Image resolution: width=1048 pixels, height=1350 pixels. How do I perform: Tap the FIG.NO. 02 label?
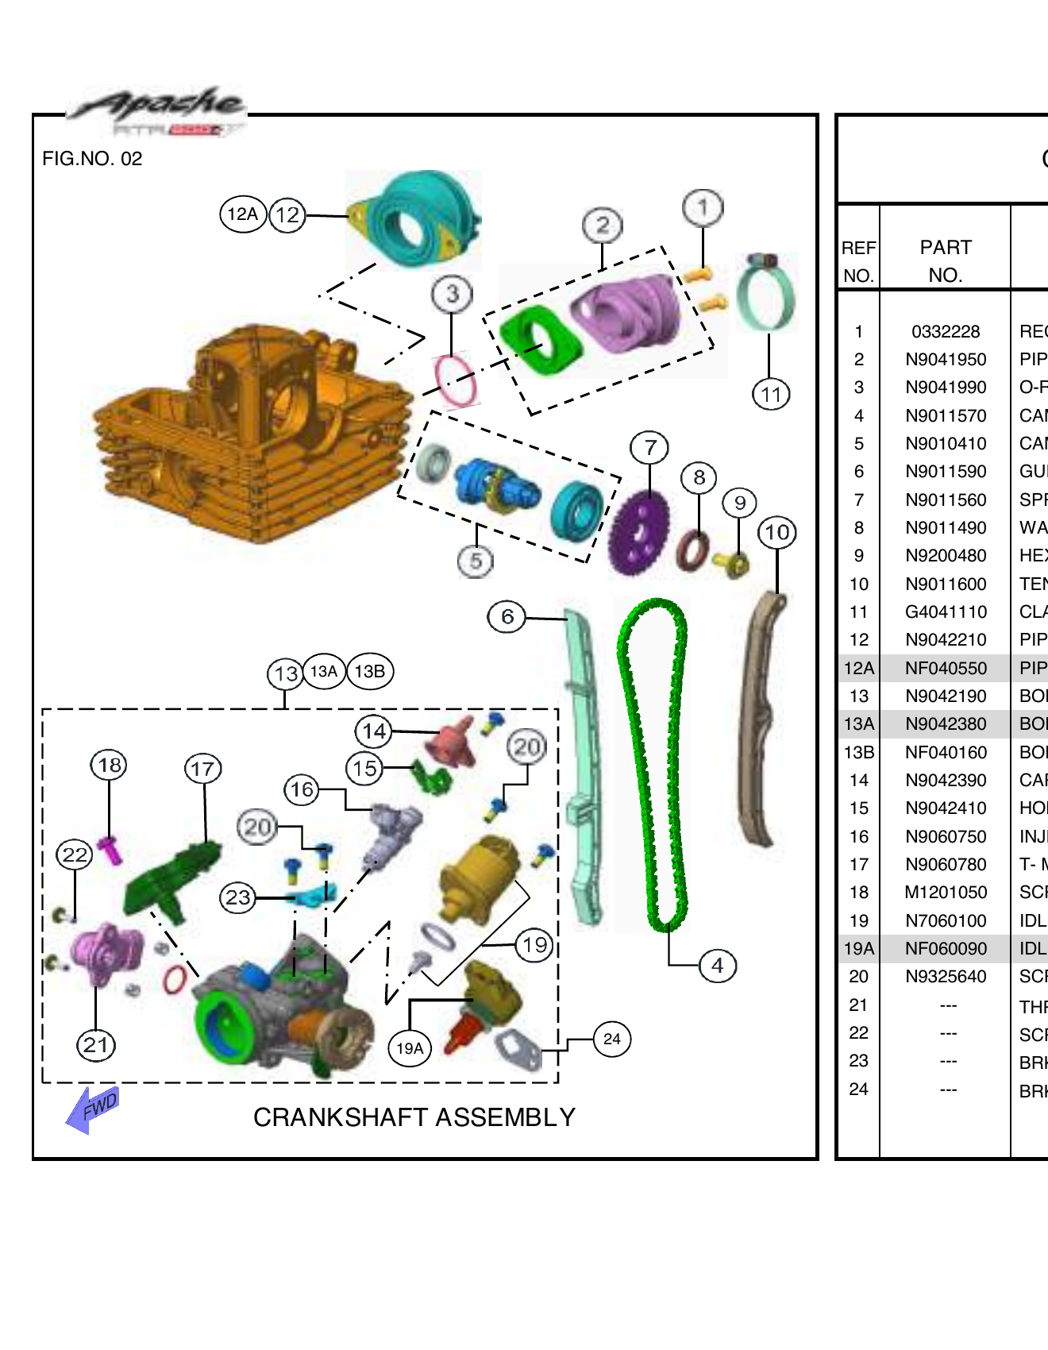pyautogui.click(x=92, y=159)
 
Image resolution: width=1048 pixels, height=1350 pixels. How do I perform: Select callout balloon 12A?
pyautogui.click(x=242, y=214)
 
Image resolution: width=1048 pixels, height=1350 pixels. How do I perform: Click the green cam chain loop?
pyautogui.click(x=653, y=762)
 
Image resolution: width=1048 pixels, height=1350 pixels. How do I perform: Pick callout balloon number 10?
pyautogui.click(x=776, y=532)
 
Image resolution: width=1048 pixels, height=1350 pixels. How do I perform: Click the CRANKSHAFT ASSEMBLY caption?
pyautogui.click(x=414, y=1117)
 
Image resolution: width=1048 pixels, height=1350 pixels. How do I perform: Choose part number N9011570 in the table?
pyautogui.click(x=946, y=415)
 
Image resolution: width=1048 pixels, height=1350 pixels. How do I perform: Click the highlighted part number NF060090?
pyautogui.click(x=946, y=948)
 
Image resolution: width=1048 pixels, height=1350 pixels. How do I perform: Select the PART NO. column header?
pyautogui.click(x=945, y=260)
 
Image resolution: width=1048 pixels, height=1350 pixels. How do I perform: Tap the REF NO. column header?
pyautogui.click(x=858, y=261)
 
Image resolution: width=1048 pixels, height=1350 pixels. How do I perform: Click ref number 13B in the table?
pyautogui.click(x=859, y=752)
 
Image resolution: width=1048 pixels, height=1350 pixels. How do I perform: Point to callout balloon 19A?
pyautogui.click(x=410, y=1048)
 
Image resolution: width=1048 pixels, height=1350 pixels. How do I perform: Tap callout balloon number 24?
pyautogui.click(x=611, y=1039)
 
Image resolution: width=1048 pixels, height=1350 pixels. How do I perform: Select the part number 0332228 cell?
pyautogui.click(x=946, y=331)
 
